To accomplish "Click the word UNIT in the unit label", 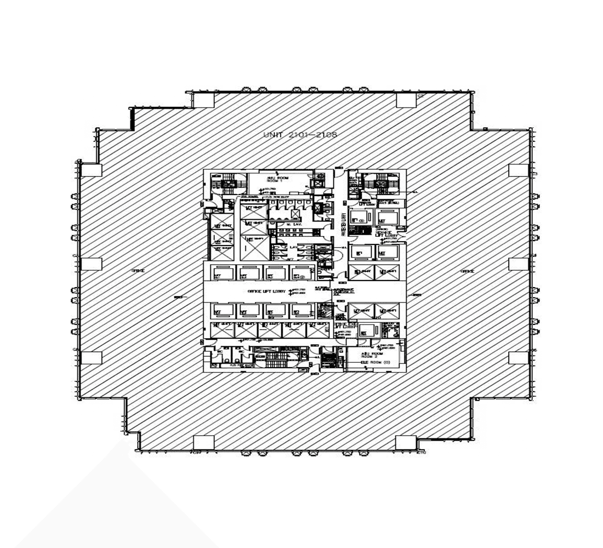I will tap(272, 135).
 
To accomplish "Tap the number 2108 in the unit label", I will tap(326, 135).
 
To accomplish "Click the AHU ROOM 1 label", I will tap(277, 180).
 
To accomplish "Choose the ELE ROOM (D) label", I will tap(374, 363).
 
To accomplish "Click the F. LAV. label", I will tap(293, 248).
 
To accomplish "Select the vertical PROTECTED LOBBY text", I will tap(343, 225).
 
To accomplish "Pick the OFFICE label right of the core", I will tap(467, 271).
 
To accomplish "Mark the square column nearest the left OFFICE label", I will tap(92, 264).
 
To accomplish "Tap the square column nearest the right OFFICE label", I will tap(518, 264).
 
